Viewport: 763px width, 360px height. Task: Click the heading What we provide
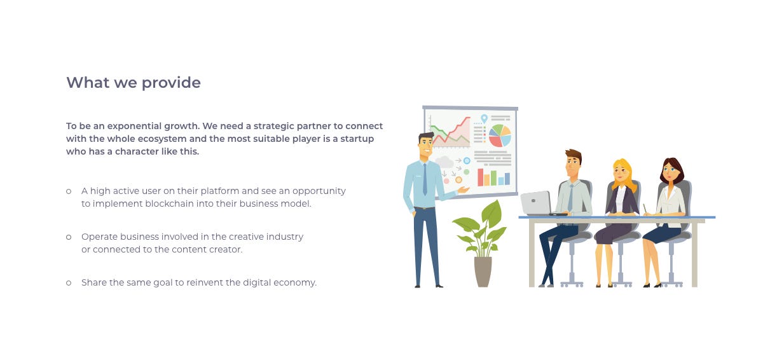pos(134,83)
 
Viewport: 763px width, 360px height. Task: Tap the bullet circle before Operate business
pos(69,237)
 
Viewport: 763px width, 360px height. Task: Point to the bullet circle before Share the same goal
pos(69,282)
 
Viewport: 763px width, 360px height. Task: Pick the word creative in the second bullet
pos(246,237)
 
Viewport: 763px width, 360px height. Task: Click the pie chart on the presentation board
pos(500,135)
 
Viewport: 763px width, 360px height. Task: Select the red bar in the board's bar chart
pos(480,177)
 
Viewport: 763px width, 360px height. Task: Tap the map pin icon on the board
pos(484,118)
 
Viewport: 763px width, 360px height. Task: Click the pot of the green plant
pos(483,272)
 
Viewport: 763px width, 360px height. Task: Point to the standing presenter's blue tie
pos(425,179)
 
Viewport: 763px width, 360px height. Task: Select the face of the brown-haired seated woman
pos(669,172)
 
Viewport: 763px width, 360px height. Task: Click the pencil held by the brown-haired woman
pos(645,208)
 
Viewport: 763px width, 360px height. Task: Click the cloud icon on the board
pos(444,162)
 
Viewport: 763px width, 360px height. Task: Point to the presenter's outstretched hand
pos(463,190)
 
